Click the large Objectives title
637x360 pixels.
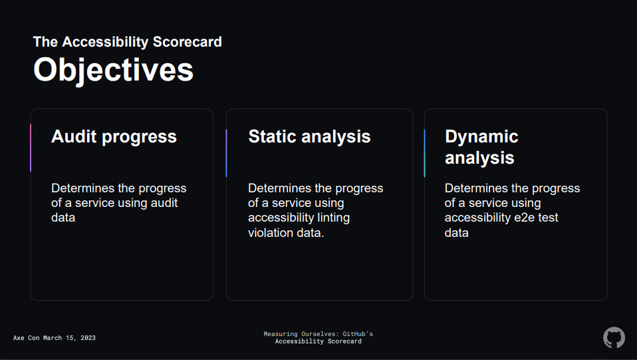[113, 70]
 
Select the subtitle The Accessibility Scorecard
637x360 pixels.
[128, 41]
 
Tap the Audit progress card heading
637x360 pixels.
[114, 137]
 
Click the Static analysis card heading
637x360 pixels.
[309, 136]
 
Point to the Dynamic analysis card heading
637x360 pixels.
[481, 147]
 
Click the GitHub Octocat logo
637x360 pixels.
[614, 337]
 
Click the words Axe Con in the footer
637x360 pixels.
[26, 338]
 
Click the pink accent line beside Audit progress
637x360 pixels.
[31, 148]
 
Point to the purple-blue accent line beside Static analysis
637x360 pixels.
[226, 153]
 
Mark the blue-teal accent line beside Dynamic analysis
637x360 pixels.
[424, 153]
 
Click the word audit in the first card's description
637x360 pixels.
[164, 202]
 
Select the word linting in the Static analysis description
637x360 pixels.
[333, 218]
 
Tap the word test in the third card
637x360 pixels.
[548, 218]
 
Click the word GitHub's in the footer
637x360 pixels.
[358, 334]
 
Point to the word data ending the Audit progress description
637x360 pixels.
[63, 218]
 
